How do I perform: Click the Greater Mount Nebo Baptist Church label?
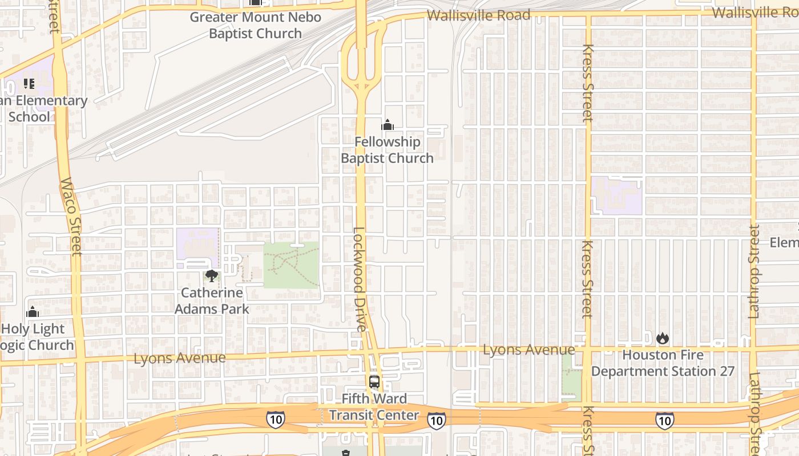(255, 25)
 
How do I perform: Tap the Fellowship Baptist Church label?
(388, 150)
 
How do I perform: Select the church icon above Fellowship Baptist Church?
(388, 125)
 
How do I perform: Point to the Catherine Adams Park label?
(212, 301)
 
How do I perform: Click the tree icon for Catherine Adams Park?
(212, 276)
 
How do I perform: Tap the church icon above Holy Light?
(33, 312)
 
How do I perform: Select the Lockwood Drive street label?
(358, 279)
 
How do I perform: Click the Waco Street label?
(71, 217)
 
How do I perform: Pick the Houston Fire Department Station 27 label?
(663, 363)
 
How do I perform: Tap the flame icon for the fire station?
(662, 338)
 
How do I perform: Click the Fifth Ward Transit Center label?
(374, 407)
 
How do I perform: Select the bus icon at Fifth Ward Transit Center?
(374, 382)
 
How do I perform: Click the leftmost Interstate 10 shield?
(275, 419)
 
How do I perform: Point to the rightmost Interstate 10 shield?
(664, 421)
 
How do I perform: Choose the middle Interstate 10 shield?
(437, 421)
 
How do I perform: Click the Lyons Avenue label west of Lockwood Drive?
(179, 358)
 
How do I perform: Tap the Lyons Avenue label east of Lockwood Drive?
(528, 349)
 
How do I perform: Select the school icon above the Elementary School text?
(29, 84)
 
